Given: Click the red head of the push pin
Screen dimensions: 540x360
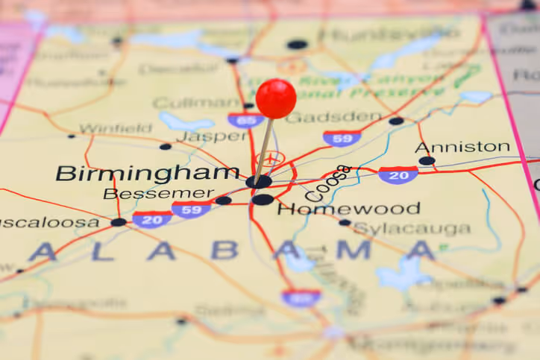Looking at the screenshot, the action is coord(276,98).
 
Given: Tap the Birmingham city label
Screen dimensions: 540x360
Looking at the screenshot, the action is coord(148,174).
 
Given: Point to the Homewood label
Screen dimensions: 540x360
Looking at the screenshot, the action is coord(348,209).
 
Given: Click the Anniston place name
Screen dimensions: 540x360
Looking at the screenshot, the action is coord(462,148).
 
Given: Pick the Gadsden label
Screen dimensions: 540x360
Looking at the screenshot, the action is coord(333,117).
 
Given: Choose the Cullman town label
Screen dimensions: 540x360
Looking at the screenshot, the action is coord(186,103).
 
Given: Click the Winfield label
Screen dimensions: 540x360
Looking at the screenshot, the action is coord(115,128).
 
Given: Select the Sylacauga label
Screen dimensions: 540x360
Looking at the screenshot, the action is coord(412,229).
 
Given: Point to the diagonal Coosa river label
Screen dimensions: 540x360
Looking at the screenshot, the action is coord(328,183).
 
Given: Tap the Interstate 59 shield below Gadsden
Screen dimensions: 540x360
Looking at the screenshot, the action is coord(342,138).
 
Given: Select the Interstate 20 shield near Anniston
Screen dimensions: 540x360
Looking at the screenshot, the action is coord(398,175).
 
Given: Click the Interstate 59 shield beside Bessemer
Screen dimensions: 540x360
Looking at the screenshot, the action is coord(191,209).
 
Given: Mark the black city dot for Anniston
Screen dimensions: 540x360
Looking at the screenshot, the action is coord(427,160).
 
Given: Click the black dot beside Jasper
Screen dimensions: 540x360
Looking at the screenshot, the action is coord(165,147).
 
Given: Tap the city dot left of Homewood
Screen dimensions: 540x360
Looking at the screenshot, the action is coord(262,199).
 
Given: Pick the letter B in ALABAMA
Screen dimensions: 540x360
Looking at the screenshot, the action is coord(224,250).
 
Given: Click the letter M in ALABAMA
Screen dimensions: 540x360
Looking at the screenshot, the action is coord(352,250).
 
